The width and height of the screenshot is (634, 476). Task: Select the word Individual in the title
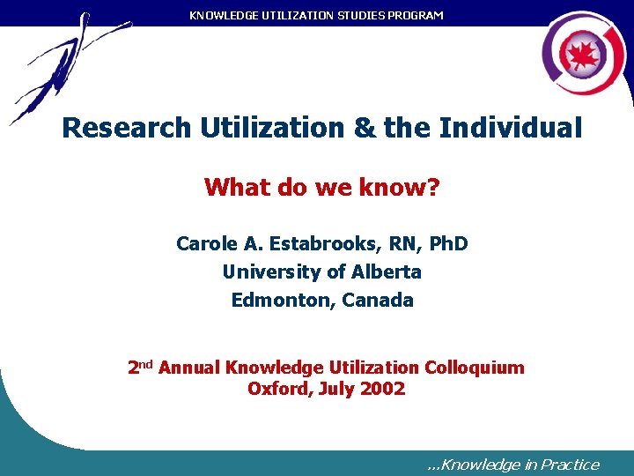[x=511, y=128]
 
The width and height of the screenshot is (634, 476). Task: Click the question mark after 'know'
[x=431, y=187]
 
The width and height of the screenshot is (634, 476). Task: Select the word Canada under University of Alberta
[x=378, y=300]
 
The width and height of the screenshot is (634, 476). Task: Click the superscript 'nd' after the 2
[x=146, y=363]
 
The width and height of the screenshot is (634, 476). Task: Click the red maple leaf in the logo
[x=582, y=56]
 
